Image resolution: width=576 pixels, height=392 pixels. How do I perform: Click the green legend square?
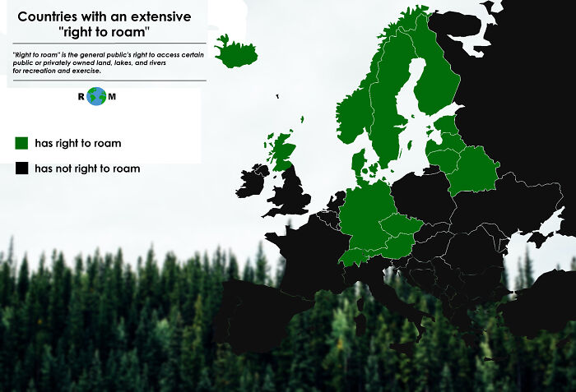21,143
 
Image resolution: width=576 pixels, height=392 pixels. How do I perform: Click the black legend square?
21,168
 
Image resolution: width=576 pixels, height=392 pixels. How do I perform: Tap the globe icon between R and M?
97,96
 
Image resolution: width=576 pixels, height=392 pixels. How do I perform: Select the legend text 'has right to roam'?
78,143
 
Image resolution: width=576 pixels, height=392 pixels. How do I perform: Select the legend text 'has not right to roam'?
87,168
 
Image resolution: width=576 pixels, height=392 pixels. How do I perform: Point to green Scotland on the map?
283,151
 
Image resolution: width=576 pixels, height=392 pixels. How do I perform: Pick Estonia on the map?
448,125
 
